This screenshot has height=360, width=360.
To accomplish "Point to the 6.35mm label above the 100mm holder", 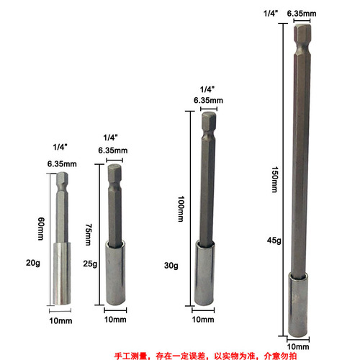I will pos(207,99).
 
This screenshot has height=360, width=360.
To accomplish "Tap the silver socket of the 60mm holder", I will pos(59,276).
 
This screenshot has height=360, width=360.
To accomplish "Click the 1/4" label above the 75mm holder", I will pos(110,137).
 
